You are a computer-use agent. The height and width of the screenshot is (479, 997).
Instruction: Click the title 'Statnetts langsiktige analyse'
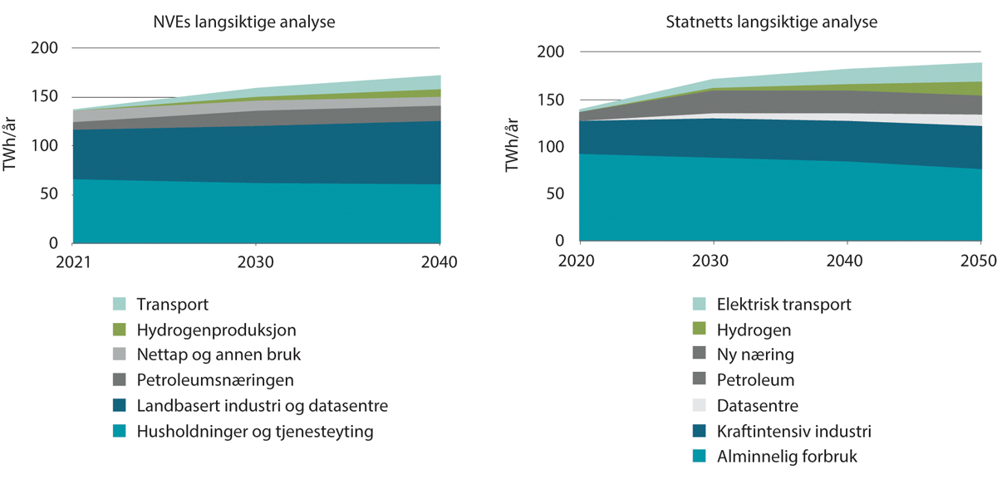[772, 22]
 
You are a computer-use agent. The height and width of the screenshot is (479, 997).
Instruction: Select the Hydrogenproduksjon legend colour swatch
[120, 330]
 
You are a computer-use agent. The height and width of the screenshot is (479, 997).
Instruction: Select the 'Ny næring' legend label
[744, 355]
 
